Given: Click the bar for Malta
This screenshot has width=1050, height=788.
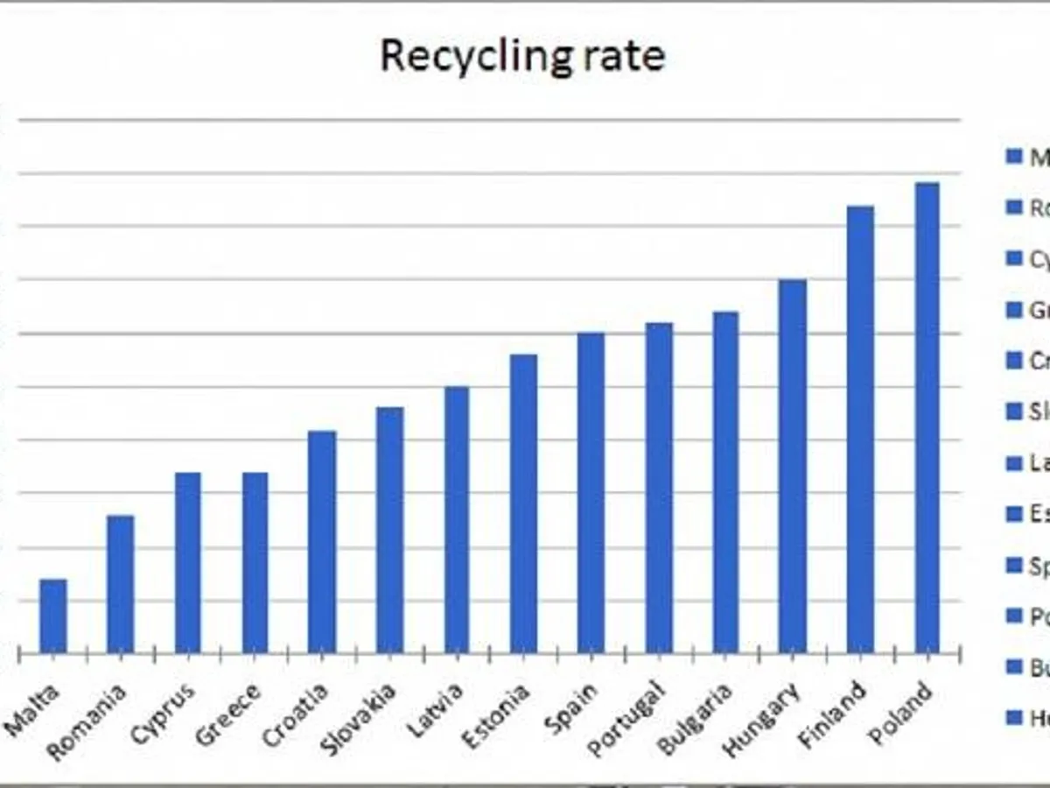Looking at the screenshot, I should (x=53, y=616).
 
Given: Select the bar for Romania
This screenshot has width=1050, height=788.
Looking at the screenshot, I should (x=121, y=584).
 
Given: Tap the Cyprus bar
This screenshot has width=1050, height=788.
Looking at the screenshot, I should (x=188, y=563).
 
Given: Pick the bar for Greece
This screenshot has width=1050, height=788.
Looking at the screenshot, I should (x=255, y=563).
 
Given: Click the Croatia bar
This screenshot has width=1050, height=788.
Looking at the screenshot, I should (x=322, y=542).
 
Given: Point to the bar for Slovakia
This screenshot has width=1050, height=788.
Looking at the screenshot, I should (x=390, y=530).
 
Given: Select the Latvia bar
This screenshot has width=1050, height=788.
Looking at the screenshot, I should (x=457, y=520).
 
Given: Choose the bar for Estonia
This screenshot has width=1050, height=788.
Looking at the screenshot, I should (x=524, y=503).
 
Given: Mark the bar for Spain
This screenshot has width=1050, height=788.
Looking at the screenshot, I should (x=591, y=493).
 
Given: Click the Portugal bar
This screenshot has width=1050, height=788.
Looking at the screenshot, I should (x=660, y=488).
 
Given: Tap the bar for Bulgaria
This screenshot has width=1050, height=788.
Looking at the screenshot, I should (x=725, y=482).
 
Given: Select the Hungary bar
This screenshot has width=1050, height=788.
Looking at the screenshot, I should (x=793, y=466).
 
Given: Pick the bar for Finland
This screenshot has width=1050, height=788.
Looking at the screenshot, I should (x=860, y=429).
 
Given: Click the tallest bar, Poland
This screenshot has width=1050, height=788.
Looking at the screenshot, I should (x=927, y=418).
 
